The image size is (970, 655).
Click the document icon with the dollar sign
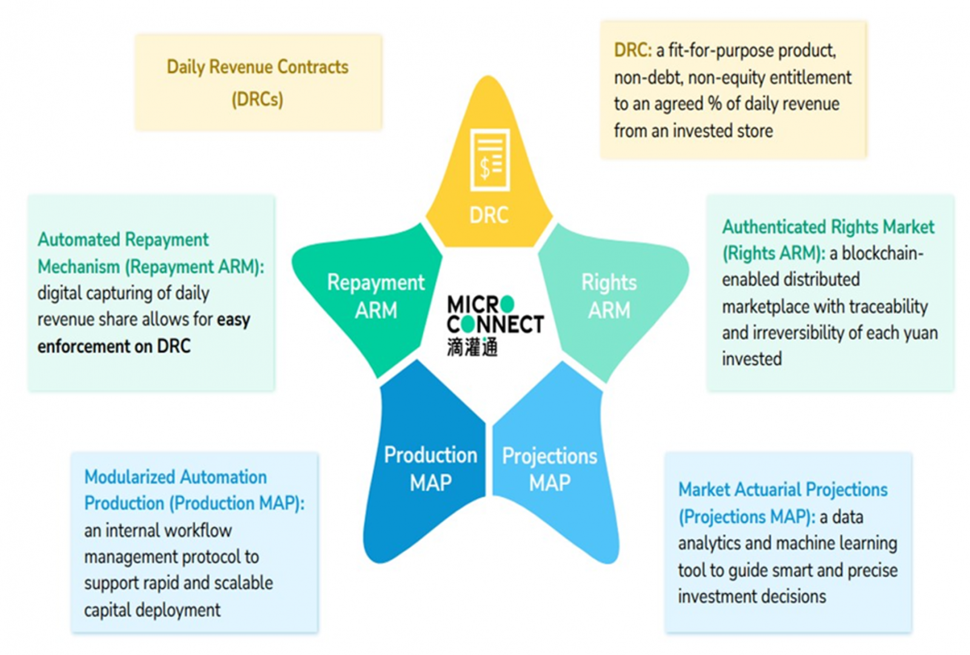point(489,159)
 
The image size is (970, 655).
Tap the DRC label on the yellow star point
point(489,215)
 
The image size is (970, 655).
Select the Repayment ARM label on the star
point(376,296)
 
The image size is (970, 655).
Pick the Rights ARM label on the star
point(609,296)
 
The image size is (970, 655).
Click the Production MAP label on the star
point(430,468)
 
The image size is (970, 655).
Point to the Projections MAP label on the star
point(549,469)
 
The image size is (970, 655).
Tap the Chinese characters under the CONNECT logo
point(472,347)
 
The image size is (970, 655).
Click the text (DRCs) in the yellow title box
point(258,99)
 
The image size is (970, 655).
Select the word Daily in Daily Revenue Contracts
point(186,67)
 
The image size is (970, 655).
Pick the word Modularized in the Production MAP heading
point(129,477)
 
